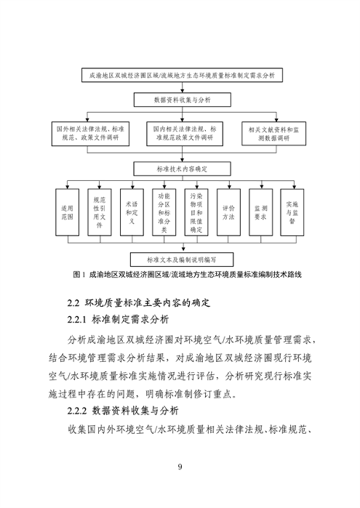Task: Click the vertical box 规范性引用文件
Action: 100,211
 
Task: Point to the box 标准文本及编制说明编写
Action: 180,258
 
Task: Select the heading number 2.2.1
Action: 77,319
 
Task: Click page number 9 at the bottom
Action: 180,466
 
